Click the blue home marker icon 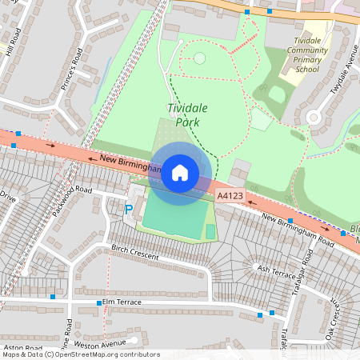tap(180, 172)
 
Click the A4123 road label tap(230, 197)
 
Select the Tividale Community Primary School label tap(306, 54)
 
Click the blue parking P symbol tap(129, 210)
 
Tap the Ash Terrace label tap(276, 270)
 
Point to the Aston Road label tap(22, 348)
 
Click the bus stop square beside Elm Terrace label tap(99, 303)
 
